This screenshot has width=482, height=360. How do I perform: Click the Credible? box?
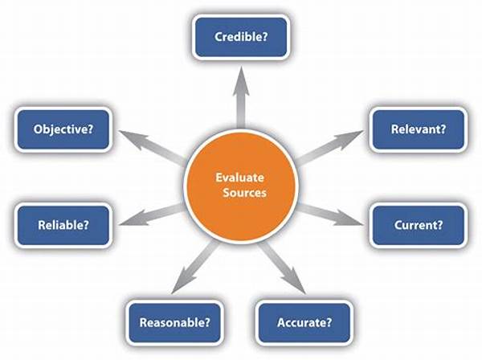pos(241,37)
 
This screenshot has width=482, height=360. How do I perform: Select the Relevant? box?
pos(418,129)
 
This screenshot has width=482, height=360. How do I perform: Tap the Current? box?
pos(418,225)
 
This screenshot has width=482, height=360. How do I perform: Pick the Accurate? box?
pos(304,322)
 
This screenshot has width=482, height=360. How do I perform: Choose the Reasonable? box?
pos(174,322)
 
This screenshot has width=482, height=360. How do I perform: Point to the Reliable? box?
pos(63,225)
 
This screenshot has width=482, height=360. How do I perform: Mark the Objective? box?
pos(63,129)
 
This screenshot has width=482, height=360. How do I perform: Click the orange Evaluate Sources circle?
pos(241,186)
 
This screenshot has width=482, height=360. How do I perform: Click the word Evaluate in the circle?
pos(239,178)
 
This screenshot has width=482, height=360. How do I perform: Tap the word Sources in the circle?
pos(244,193)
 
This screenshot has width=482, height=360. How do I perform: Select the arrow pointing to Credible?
pos(241,97)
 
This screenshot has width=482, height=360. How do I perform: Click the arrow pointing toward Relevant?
pos(329,147)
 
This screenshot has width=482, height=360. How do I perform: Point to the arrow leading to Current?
pos(330,215)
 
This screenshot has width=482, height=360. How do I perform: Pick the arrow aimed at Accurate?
pos(282,268)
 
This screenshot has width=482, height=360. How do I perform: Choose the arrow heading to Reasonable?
pos(195,267)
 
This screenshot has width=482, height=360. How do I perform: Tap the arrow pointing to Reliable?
pos(151,215)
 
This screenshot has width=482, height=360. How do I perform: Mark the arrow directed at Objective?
pos(152,146)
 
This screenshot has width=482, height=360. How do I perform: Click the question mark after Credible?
pos(264,37)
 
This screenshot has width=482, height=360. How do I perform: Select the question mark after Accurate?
pos(329,322)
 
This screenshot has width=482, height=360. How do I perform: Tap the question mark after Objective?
pos(89,129)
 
